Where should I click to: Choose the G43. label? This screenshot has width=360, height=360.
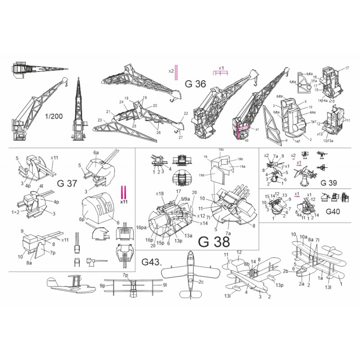[x=151, y=261]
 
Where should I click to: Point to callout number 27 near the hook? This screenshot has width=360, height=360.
[x=180, y=137]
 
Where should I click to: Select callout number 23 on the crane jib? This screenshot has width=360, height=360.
[x=100, y=121]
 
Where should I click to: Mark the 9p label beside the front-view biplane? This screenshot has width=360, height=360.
[x=103, y=285]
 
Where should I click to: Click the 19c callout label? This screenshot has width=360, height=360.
[x=221, y=149]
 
